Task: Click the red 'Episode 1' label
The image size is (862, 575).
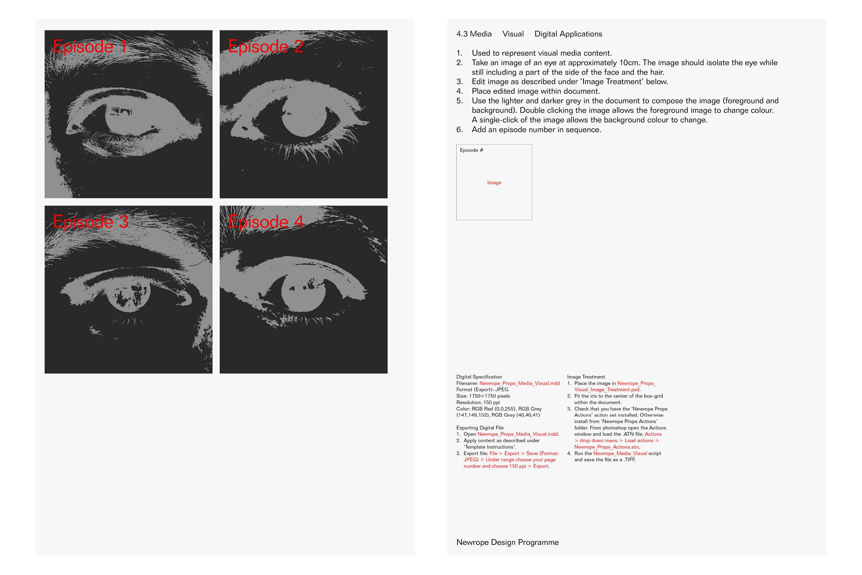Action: tap(90, 46)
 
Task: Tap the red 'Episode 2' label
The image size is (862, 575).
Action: tap(266, 46)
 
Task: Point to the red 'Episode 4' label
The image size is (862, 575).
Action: tap(266, 222)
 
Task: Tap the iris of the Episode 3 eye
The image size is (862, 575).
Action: tap(128, 292)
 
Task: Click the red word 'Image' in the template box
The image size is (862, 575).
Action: tap(494, 183)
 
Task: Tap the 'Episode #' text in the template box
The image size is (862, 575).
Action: tap(471, 150)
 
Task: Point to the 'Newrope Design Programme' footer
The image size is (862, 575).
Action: tap(508, 542)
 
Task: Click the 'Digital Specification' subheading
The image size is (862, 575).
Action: tap(479, 377)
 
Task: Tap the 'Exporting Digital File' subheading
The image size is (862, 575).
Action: tap(480, 428)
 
